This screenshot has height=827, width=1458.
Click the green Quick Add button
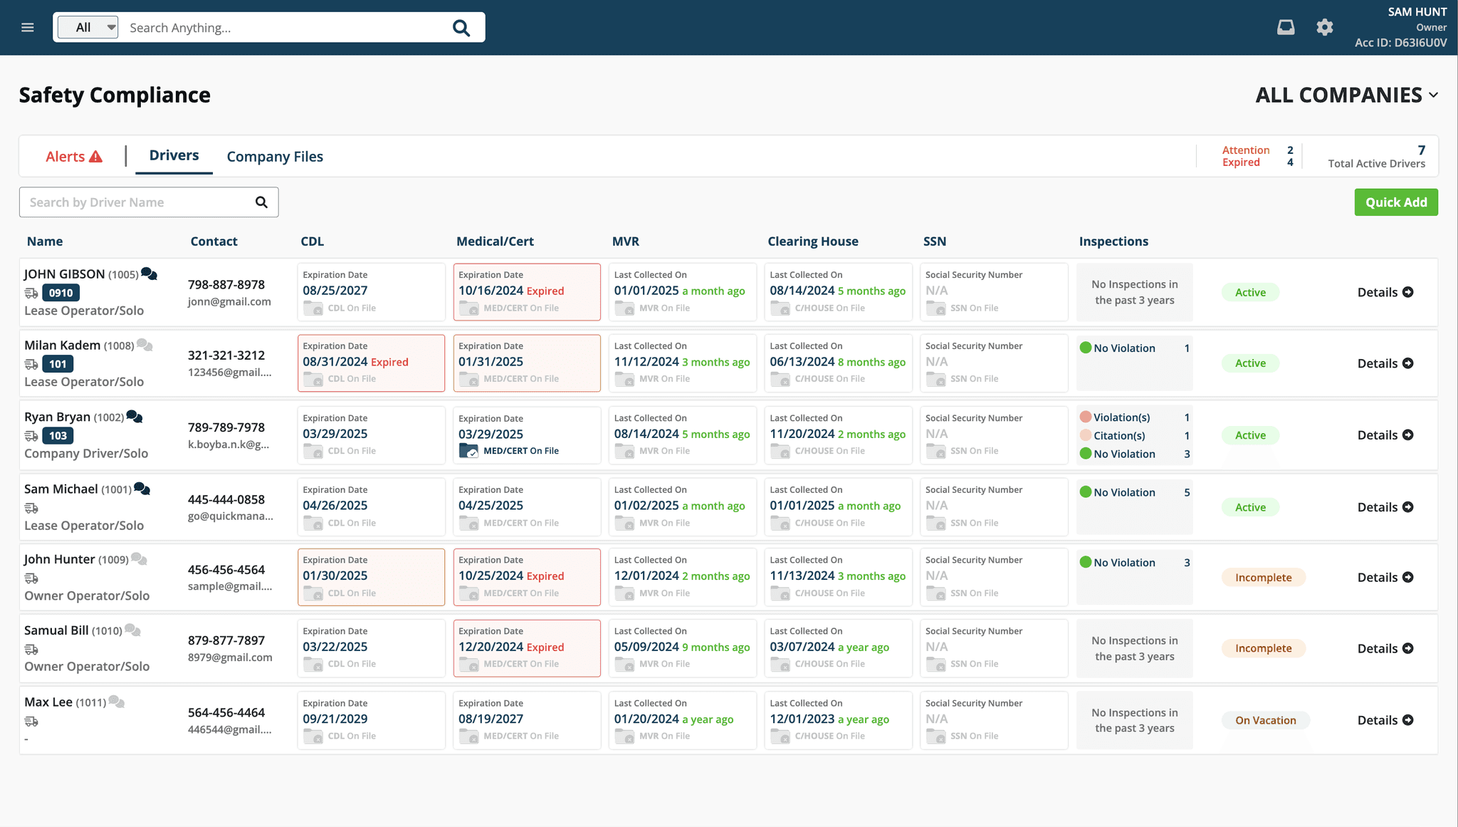1395,202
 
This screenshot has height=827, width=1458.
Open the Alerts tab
74,157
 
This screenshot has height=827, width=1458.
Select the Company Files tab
275,157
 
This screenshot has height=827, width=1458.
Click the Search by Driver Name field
140,202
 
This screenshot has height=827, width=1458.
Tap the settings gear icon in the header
1324,28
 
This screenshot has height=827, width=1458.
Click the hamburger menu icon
28,28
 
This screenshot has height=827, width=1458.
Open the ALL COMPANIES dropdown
1346,95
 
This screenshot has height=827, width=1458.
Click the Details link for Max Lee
1385,720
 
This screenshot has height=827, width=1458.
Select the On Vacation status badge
1265,720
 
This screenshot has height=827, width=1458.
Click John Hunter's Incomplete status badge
1263,578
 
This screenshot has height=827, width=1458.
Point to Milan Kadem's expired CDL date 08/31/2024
335,362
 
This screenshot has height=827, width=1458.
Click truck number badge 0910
61,293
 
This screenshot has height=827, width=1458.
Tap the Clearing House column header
812,241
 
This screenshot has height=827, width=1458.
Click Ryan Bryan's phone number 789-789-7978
226,427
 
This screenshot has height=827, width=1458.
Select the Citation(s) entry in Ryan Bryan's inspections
1118,436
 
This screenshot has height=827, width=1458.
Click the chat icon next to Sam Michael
142,489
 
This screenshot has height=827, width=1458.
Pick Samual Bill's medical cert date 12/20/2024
491,647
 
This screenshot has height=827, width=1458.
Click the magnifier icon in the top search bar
461,28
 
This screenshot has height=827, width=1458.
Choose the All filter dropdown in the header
88,28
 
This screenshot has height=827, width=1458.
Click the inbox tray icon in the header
1286,28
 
